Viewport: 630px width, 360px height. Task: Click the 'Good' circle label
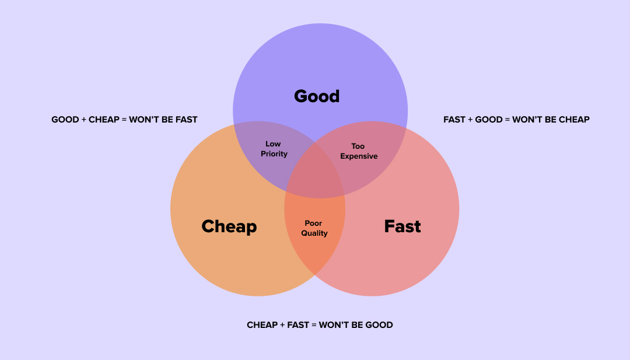point(317,96)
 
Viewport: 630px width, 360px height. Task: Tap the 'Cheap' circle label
point(229,226)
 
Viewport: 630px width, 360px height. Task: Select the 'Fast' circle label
point(402,226)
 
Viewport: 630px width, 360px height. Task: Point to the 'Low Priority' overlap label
point(274,149)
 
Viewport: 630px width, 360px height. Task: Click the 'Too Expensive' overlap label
point(359,151)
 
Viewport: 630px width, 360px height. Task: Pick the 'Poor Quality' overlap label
point(314,228)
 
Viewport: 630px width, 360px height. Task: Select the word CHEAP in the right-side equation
point(574,120)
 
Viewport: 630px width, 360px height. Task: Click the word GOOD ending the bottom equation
point(379,325)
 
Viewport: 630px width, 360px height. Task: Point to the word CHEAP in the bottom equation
point(261,325)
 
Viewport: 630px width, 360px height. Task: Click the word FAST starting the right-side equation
point(454,120)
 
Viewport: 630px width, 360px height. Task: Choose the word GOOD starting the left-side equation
point(65,120)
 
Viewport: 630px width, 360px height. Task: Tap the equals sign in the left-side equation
point(124,120)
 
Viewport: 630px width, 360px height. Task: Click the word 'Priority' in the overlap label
point(274,154)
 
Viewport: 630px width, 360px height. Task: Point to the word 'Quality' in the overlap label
point(314,233)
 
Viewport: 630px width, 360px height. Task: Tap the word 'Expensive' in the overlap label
point(359,156)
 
